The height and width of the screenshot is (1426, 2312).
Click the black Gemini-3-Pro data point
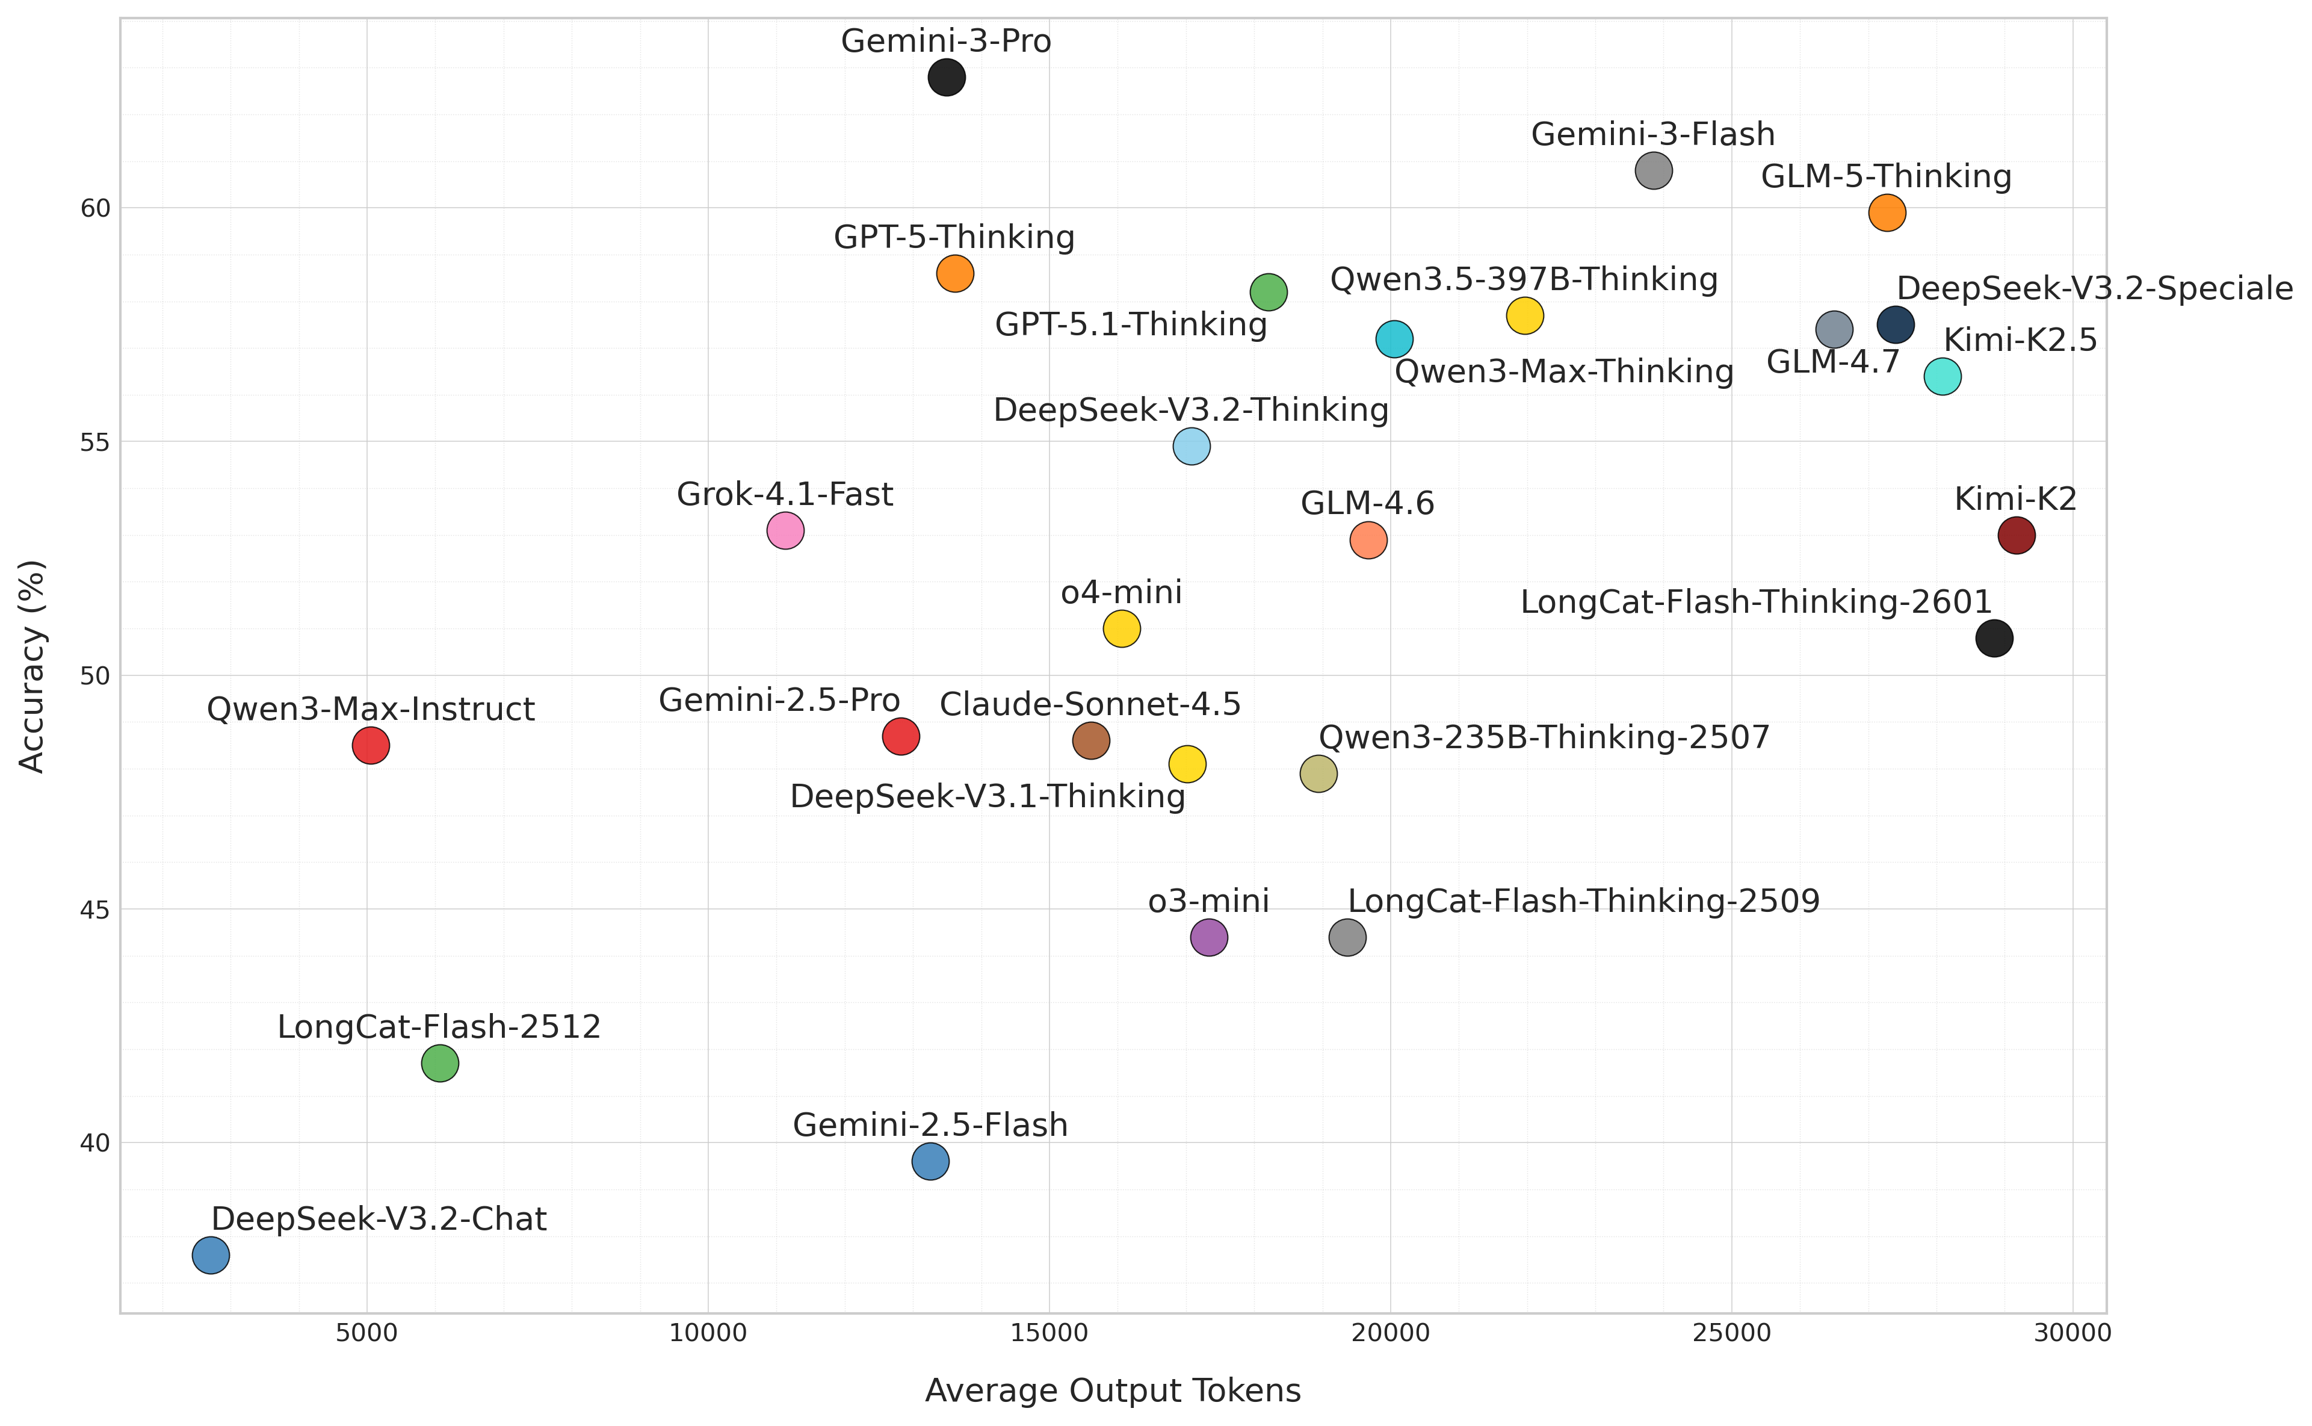point(946,77)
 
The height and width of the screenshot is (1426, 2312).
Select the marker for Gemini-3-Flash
point(1653,171)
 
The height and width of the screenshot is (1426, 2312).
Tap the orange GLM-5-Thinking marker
point(1887,213)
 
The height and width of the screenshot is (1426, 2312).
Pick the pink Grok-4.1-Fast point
point(785,531)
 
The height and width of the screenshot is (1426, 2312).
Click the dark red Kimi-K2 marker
point(2016,536)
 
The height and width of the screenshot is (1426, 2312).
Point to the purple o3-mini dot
point(1209,937)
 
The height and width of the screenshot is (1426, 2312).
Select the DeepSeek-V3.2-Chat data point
point(210,1255)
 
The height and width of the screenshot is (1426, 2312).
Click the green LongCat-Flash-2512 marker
point(439,1064)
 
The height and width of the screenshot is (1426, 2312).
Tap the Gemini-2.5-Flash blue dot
point(930,1161)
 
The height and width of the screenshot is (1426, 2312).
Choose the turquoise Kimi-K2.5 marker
point(1941,376)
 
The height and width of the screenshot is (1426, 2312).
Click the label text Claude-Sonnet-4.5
point(1090,704)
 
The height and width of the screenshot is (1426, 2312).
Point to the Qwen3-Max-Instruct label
point(371,709)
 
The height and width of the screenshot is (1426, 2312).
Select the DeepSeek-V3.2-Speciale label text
point(2094,288)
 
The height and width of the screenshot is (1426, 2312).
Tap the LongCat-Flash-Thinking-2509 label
point(1583,902)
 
